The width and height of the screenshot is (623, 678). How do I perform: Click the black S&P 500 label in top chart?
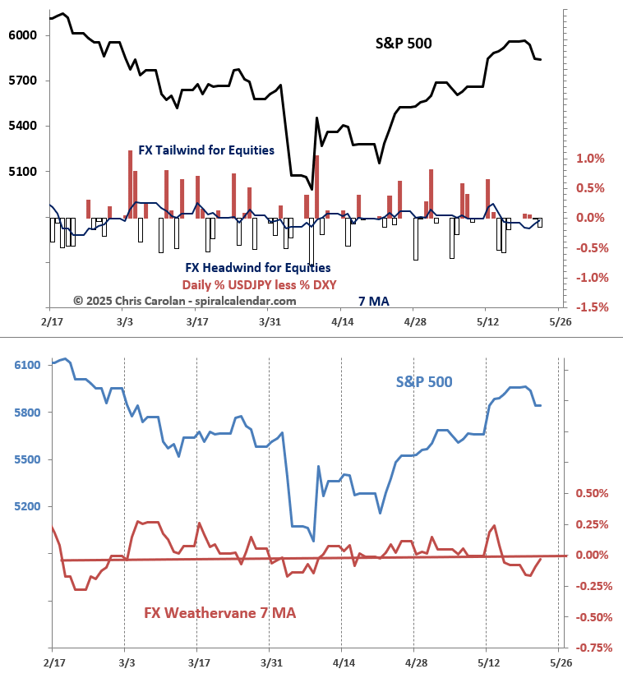click(x=398, y=44)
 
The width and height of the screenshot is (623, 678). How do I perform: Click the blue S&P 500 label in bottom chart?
click(x=423, y=382)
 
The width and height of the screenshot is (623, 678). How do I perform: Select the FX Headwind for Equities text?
click(x=258, y=268)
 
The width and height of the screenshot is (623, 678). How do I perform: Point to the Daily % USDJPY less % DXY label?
click(x=260, y=284)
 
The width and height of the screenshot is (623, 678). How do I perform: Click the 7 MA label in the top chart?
click(x=373, y=302)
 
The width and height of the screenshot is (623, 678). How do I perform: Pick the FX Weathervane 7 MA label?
click(x=219, y=613)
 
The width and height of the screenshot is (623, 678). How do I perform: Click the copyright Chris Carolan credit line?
click(x=184, y=302)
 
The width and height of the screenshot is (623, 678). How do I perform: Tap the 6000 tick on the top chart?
click(x=22, y=35)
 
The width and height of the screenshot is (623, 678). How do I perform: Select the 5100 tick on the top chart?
click(x=22, y=172)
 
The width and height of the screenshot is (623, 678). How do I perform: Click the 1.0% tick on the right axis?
click(x=590, y=158)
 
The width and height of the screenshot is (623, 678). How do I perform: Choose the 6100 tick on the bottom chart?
click(x=25, y=365)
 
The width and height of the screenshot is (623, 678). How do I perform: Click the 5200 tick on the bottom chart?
click(x=25, y=507)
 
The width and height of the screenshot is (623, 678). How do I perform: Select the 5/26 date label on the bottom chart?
click(x=560, y=662)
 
